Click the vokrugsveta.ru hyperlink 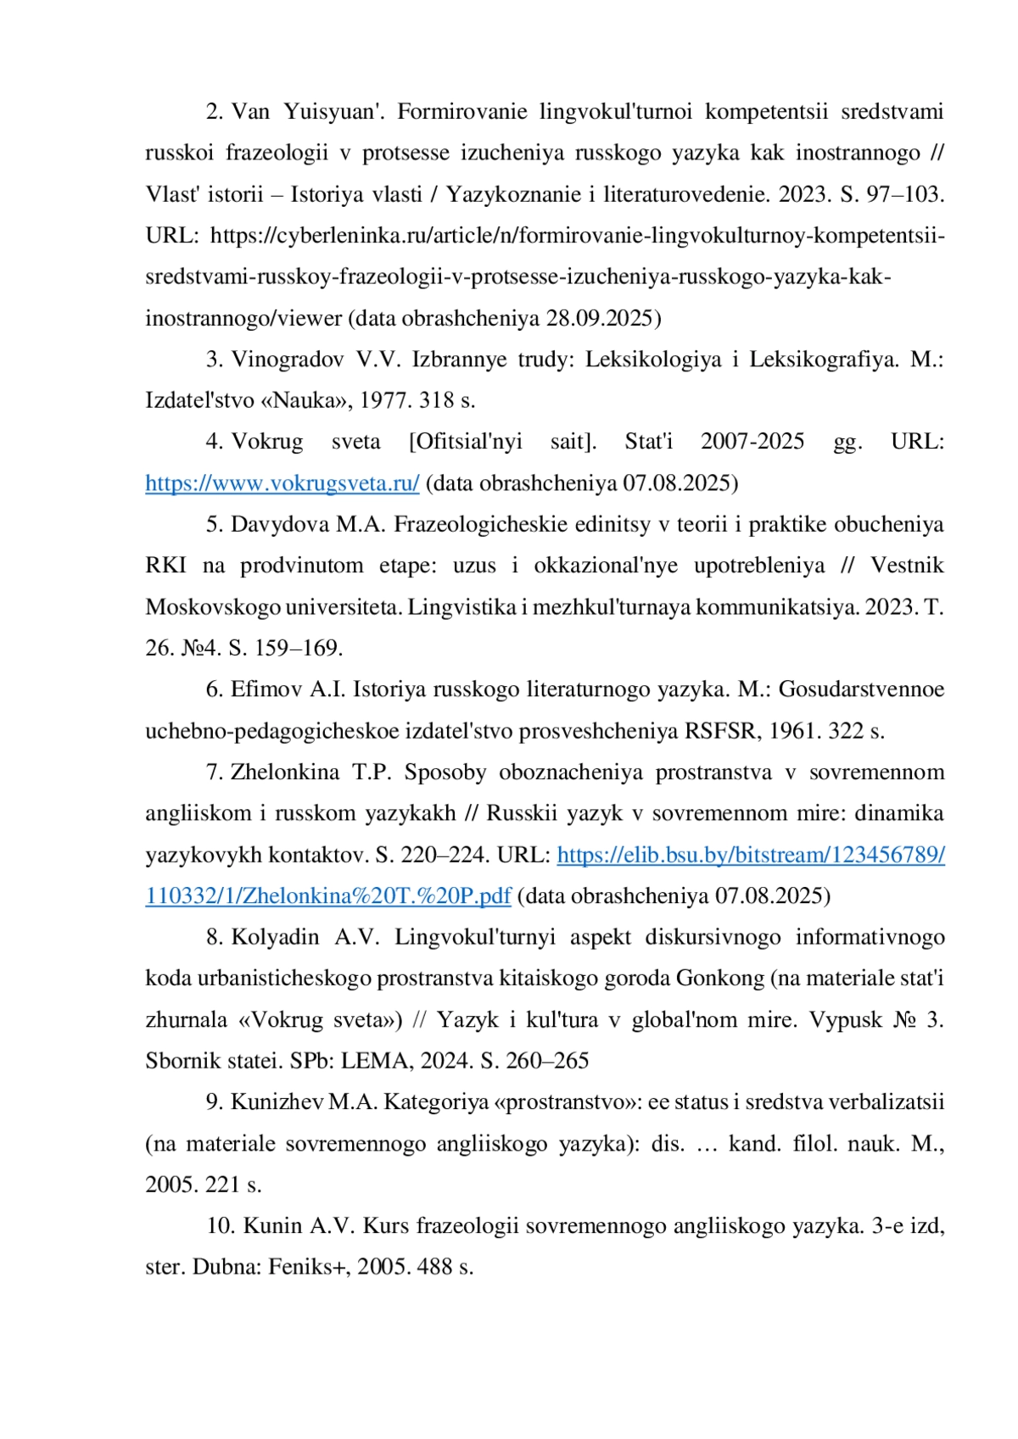[x=282, y=483]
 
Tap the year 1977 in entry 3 [x=383, y=400]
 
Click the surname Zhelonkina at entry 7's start [x=285, y=772]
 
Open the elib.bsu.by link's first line [x=750, y=855]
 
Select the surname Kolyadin [x=275, y=937]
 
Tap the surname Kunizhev [x=277, y=1102]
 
